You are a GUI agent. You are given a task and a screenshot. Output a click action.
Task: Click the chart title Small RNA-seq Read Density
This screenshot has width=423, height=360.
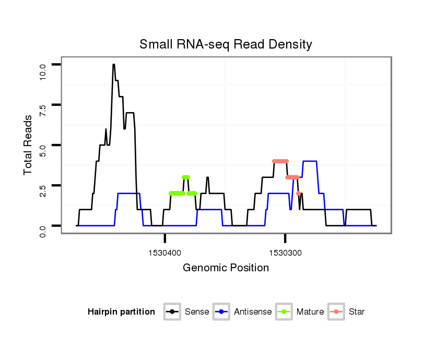[x=226, y=44]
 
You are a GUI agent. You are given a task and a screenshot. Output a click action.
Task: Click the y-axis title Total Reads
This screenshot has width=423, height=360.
[x=29, y=145]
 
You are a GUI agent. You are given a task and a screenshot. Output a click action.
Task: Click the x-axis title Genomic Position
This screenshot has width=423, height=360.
[x=226, y=268]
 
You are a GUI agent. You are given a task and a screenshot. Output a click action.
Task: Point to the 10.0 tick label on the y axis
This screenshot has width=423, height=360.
[x=43, y=69]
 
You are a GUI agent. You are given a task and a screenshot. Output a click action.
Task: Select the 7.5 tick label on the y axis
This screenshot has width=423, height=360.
[x=43, y=110]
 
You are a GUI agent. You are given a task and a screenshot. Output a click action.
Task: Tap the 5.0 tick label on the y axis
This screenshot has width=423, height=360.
[x=43, y=150]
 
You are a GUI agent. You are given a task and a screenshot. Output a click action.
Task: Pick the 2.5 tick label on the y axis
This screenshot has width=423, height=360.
[x=43, y=190]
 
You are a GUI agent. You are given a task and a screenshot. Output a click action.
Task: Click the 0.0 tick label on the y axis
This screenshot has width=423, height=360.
[x=43, y=231]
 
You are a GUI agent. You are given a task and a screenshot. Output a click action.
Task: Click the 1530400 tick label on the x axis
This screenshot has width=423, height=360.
[x=165, y=253]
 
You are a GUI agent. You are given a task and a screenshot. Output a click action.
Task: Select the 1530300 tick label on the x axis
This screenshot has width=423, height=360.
[x=285, y=253]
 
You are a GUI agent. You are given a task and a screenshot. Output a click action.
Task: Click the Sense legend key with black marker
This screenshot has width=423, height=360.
[x=172, y=312]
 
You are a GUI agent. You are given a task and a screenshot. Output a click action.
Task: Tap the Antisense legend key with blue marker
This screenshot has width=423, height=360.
[x=221, y=312]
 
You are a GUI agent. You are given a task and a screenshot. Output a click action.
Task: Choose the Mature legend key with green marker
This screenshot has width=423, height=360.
[x=285, y=312]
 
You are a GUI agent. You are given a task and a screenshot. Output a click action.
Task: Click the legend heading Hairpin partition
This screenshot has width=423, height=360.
[x=121, y=312]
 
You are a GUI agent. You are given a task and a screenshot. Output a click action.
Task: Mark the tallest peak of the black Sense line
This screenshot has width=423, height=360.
[x=113, y=65]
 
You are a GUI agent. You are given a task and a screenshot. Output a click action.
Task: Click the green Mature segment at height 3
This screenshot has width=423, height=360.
[x=185, y=177]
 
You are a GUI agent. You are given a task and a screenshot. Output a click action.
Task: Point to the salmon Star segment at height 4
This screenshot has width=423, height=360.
[x=280, y=161]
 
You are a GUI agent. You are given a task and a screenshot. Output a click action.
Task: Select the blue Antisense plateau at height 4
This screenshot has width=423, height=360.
[x=310, y=161]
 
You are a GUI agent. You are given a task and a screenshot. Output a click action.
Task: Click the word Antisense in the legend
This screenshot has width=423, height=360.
[x=253, y=312]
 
